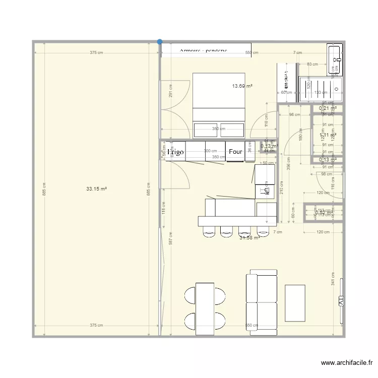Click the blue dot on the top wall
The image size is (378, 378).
tap(160, 42)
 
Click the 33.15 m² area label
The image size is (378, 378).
tap(96, 189)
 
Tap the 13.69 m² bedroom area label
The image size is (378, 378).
tap(242, 86)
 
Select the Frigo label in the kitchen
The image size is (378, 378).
tap(176, 151)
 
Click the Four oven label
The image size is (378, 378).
tap(235, 151)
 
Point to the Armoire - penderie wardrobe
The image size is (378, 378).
tap(204, 51)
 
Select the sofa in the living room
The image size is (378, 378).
tap(262, 300)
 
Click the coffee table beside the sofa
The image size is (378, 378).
tap(295, 303)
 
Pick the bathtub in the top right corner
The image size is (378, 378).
tap(334, 59)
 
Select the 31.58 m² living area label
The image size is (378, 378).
tap(249, 237)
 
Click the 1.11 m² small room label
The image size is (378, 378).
tap(328, 135)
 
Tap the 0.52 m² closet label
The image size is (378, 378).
tap(324, 213)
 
